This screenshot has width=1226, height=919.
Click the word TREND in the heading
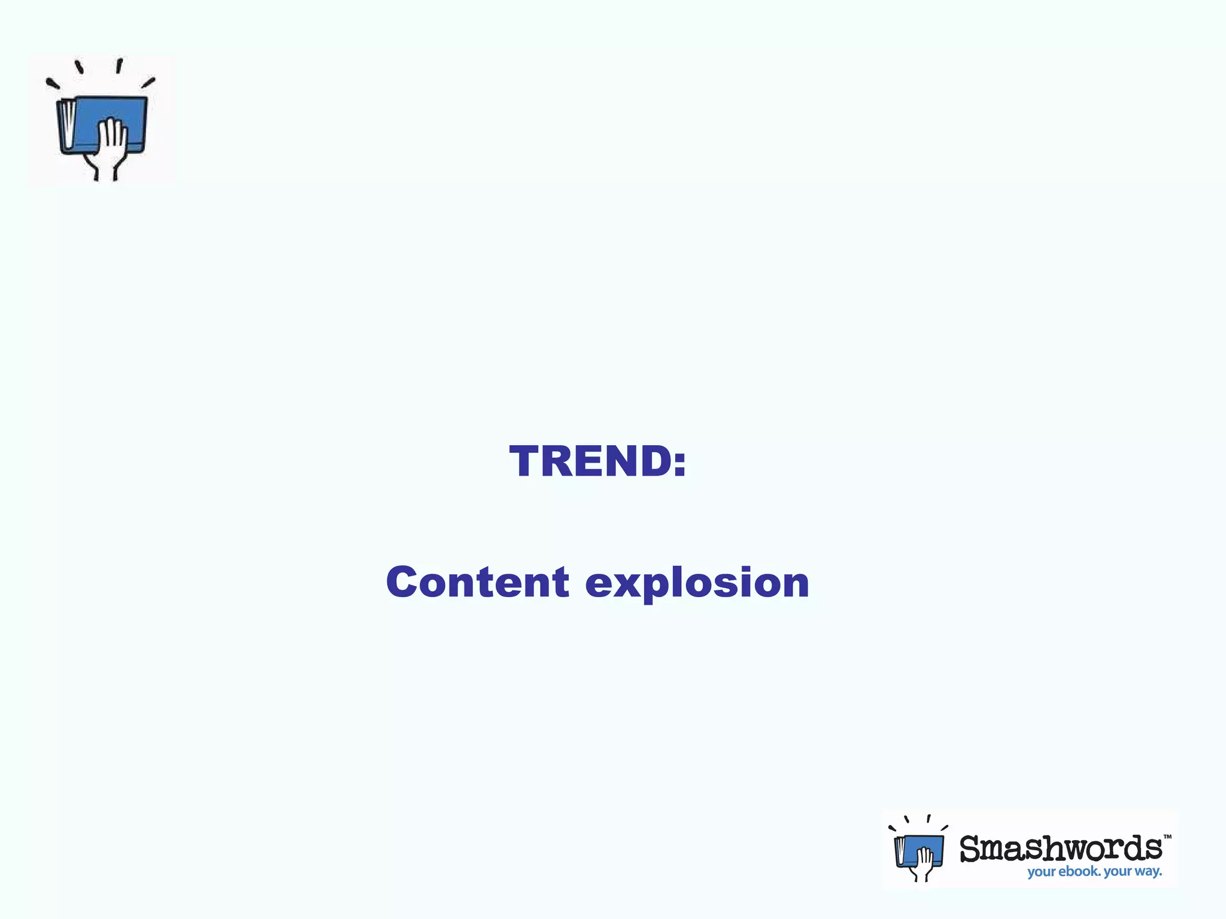click(590, 461)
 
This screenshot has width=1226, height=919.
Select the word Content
click(477, 582)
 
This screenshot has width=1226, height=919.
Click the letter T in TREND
click(526, 461)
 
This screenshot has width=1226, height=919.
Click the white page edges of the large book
click(68, 124)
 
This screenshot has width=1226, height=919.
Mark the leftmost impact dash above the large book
click(53, 84)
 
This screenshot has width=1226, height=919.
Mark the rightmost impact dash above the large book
click(148, 83)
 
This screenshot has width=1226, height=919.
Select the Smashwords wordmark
click(1060, 849)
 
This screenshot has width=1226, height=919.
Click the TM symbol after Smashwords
click(1167, 837)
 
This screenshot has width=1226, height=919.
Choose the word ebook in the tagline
click(1079, 872)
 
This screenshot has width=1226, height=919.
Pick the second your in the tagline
click(1118, 872)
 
